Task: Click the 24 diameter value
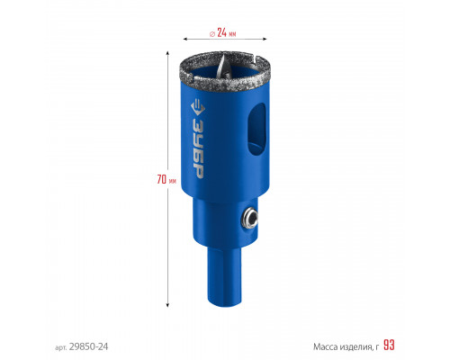221,32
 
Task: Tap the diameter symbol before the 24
212,33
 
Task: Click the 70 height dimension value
161,179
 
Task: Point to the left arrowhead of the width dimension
185,39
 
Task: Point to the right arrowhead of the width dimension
265,39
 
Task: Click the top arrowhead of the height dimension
167,53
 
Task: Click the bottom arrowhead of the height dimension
167,305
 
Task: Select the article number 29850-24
88,346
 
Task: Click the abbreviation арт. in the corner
61,347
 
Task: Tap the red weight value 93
389,346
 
